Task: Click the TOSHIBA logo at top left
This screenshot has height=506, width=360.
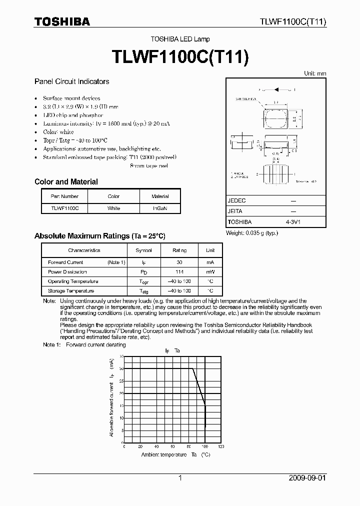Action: pos(62,21)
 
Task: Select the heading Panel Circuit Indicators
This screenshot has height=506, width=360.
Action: pos(71,81)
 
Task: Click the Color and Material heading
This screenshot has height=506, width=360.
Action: pos(66,182)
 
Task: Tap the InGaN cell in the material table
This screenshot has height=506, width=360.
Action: pos(160,208)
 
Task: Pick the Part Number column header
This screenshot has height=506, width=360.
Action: pos(64,196)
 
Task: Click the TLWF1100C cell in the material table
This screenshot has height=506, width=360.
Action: pos(64,208)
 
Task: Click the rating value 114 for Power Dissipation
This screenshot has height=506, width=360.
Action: pos(179,272)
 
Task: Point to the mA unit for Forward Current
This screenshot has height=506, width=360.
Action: pos(210,262)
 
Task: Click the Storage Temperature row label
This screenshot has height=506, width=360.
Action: pos(70,291)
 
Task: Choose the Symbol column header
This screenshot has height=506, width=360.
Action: pos(144,250)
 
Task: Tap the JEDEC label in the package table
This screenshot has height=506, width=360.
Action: pos(236,200)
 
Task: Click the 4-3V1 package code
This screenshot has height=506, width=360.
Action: pos(293,221)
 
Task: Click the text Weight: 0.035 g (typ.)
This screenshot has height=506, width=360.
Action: pos(252,233)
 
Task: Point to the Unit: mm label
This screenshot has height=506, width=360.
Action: pos(315,73)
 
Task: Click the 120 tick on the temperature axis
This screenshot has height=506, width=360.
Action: pos(220,446)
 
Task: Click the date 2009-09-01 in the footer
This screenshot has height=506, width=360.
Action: pos(307,478)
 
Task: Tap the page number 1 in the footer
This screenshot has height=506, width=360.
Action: pos(180,478)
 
